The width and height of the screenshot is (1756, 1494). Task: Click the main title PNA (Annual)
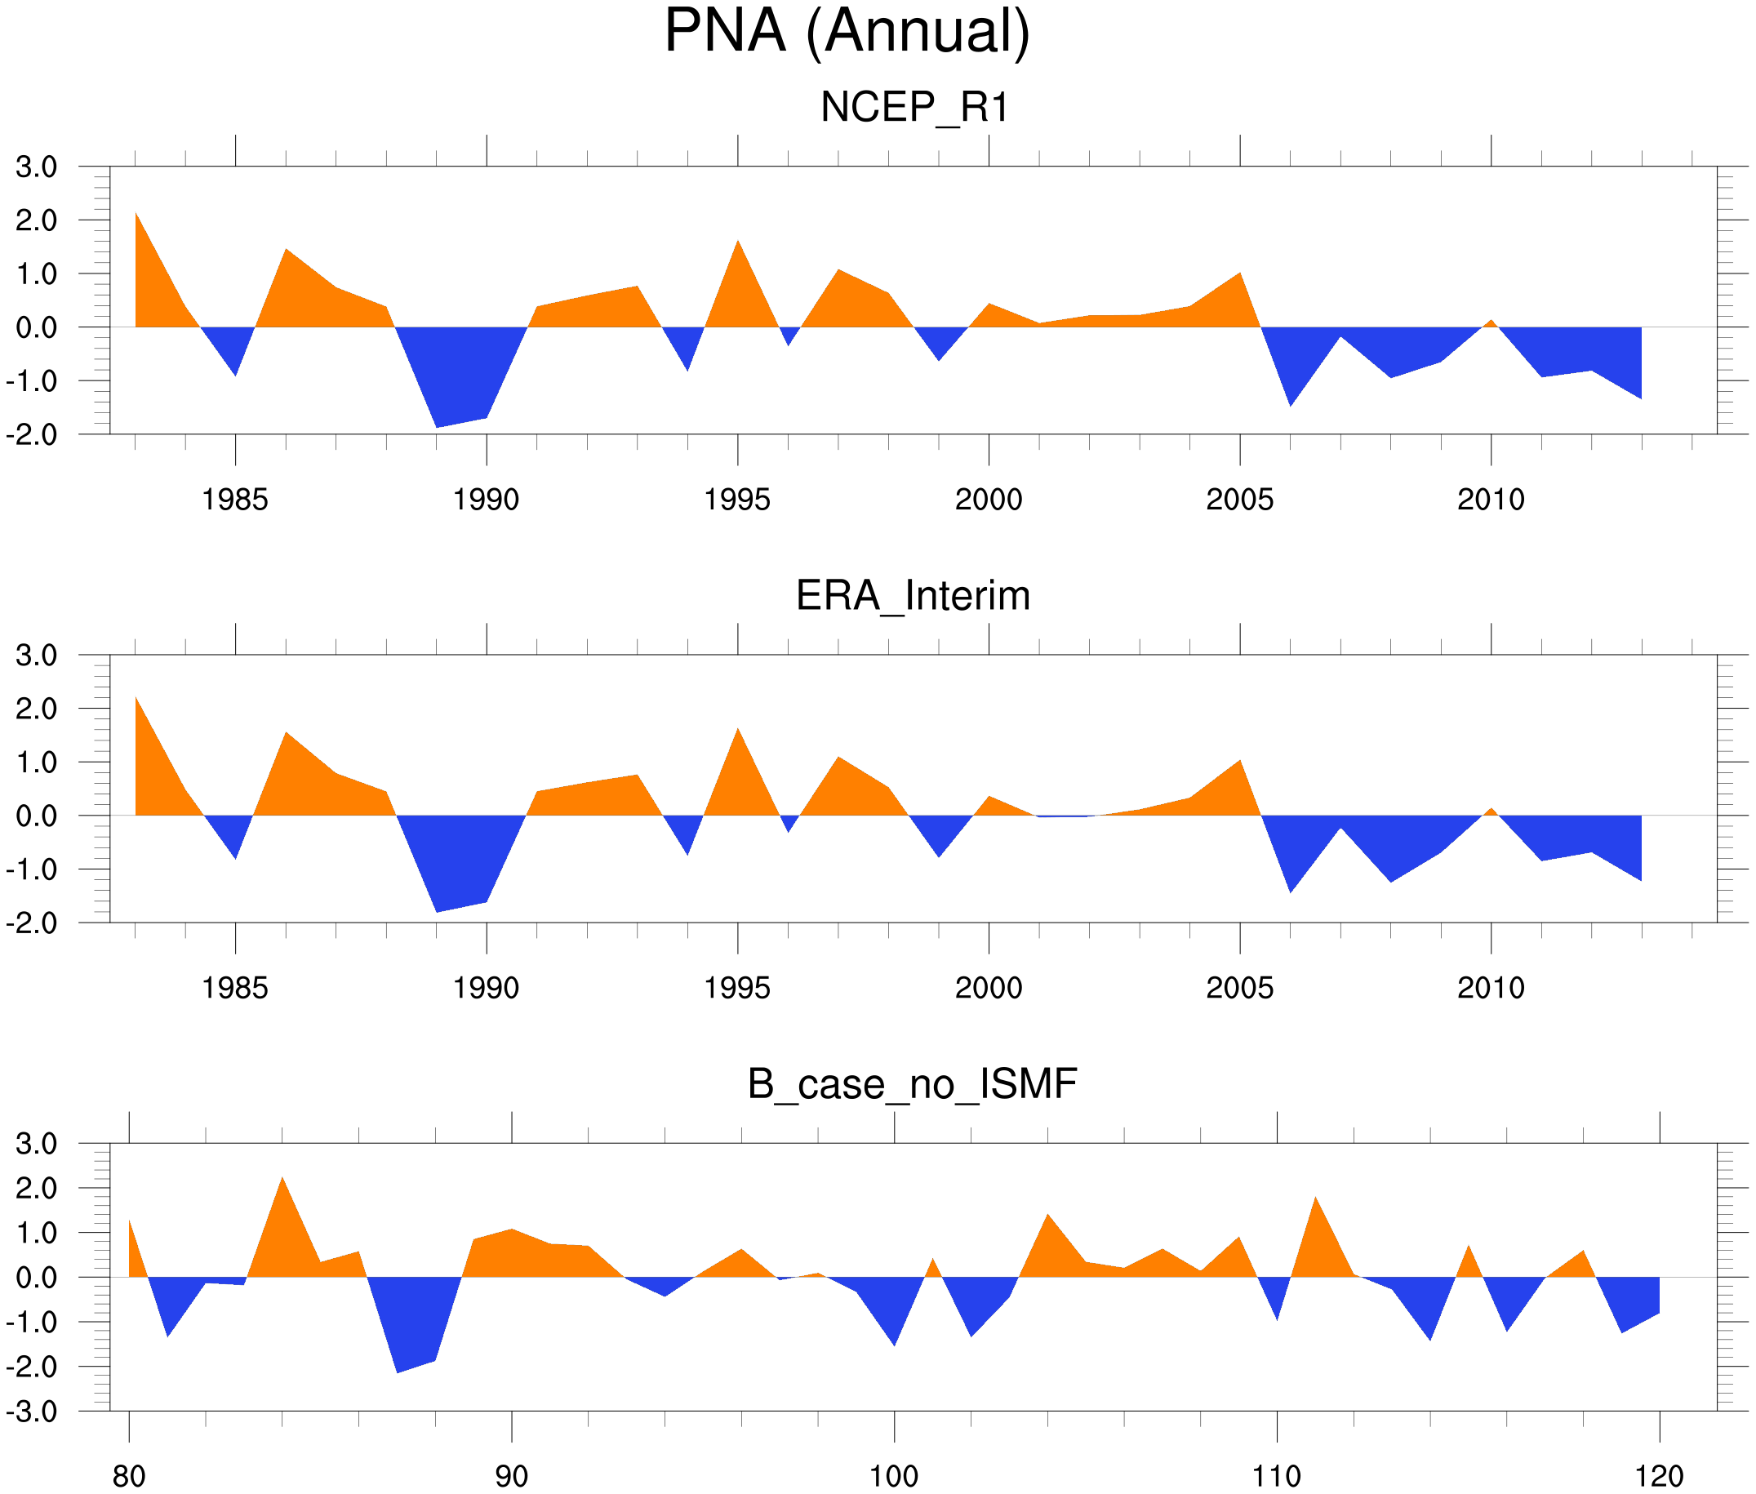(846, 32)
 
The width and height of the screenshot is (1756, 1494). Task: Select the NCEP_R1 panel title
(914, 108)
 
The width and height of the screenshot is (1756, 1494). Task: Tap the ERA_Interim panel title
(913, 596)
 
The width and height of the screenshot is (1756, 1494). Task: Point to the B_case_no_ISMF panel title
(912, 1085)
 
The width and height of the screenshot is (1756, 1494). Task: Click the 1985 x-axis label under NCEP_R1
(234, 500)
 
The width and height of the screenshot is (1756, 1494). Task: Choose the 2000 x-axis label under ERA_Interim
(988, 989)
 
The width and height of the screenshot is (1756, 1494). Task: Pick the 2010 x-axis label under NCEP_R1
(1490, 500)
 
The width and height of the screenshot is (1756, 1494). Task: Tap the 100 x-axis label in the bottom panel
(894, 1477)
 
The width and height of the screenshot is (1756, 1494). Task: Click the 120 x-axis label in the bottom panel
(1659, 1477)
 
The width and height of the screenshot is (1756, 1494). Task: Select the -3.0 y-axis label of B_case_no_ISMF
(32, 1412)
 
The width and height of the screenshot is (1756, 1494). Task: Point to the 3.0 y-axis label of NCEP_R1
(37, 167)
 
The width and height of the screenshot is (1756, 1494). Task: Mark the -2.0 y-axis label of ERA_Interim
(32, 923)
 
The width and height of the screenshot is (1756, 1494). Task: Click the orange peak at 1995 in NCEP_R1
(738, 254)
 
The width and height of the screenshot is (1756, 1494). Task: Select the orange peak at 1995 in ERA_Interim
(738, 741)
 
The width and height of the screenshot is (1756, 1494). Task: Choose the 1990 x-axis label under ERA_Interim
(486, 989)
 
